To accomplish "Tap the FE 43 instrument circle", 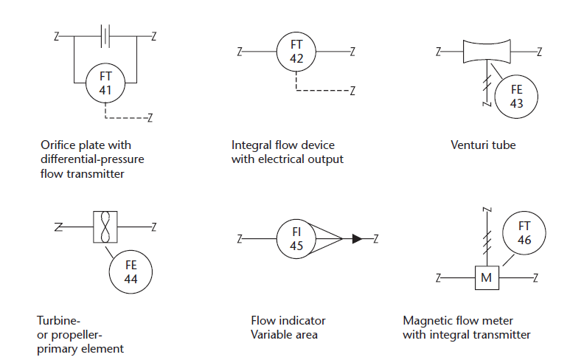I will (x=516, y=96).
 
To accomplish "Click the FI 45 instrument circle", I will (x=296, y=238).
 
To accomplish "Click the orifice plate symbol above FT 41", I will (x=106, y=35).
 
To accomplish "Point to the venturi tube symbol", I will (x=487, y=52).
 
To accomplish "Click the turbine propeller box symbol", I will (x=105, y=226).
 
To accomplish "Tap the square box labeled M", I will (x=486, y=278).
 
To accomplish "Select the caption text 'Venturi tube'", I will (x=483, y=145).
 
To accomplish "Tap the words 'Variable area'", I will (x=285, y=335).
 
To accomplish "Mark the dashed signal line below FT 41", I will (x=125, y=117).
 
